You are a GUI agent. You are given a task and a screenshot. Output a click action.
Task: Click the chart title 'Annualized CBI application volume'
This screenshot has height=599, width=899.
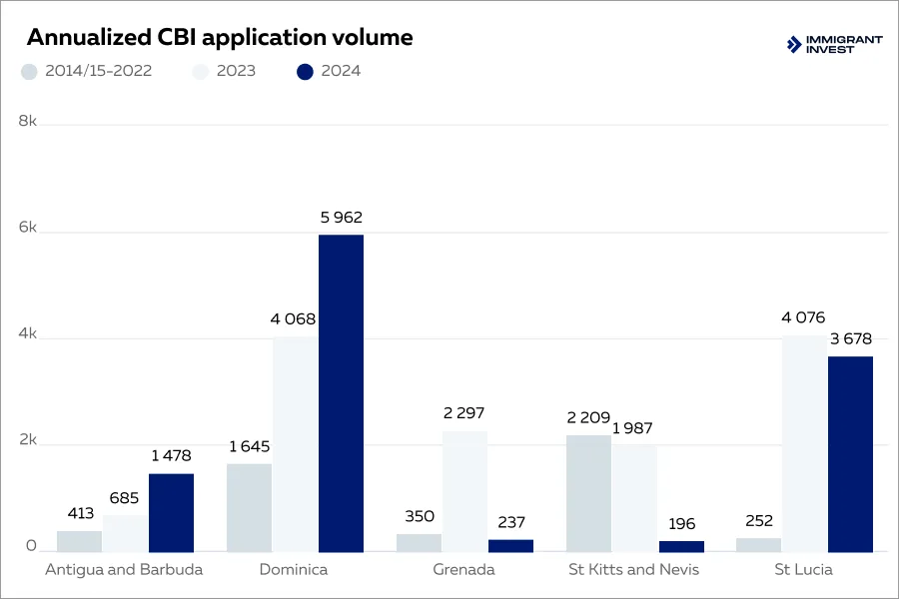click(219, 38)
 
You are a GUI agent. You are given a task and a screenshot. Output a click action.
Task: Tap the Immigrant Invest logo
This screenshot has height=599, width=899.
click(834, 44)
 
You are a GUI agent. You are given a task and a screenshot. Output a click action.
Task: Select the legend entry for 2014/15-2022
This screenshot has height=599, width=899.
click(87, 71)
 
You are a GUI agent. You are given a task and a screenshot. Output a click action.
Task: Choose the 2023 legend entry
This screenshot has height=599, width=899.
click(224, 71)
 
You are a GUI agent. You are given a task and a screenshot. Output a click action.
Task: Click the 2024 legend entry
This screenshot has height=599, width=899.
click(329, 71)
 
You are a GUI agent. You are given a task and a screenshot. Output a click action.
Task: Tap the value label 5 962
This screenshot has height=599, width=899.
click(341, 218)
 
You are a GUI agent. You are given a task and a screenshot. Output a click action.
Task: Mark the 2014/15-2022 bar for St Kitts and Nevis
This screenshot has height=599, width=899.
click(588, 493)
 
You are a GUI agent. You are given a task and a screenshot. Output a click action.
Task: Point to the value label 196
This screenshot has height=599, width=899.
click(681, 524)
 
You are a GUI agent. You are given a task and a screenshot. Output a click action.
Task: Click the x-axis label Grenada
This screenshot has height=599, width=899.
click(463, 570)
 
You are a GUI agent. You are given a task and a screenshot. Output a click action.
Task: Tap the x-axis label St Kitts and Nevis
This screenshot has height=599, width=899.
click(633, 570)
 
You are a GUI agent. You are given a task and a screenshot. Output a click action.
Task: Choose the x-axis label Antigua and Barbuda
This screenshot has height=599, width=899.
click(124, 570)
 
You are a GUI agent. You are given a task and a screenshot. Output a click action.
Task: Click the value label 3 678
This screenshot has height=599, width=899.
click(850, 339)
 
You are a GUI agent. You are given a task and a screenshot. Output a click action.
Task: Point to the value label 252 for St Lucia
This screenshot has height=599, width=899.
click(758, 521)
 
